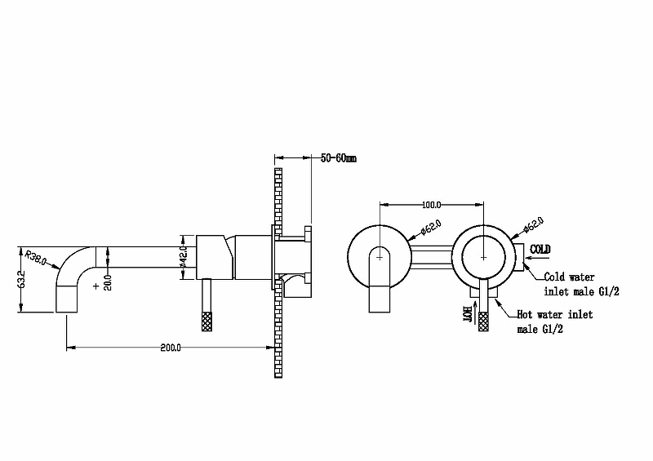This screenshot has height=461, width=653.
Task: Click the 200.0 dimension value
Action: click(x=171, y=348)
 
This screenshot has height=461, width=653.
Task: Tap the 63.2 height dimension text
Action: click(x=22, y=279)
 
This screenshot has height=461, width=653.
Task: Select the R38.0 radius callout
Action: click(x=35, y=257)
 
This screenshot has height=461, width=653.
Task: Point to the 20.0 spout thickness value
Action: click(x=108, y=282)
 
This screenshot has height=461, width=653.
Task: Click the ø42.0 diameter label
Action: click(x=184, y=257)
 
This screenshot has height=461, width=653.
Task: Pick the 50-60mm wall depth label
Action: click(x=339, y=158)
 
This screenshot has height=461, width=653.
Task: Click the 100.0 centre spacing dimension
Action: click(x=432, y=205)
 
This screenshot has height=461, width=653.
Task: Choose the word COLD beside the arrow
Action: click(x=540, y=249)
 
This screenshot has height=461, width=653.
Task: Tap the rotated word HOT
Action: click(x=468, y=314)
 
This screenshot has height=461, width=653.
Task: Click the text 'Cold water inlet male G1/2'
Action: click(x=581, y=285)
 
